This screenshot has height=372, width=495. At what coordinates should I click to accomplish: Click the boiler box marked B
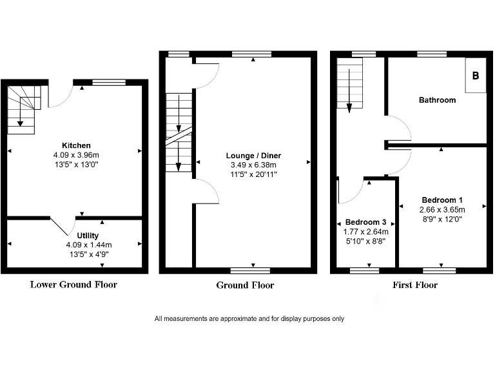476,76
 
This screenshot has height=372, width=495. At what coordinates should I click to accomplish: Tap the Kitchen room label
76,145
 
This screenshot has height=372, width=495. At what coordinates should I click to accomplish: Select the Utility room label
88,236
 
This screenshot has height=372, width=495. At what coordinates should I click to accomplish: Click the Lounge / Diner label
253,156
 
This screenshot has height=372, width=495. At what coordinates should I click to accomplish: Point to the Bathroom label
437,100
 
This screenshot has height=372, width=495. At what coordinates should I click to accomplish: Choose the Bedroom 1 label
442,200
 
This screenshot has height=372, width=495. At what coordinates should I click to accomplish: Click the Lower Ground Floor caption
73,284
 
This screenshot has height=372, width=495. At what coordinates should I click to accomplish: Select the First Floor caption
415,285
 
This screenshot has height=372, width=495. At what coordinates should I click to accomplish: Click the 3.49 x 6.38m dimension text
253,165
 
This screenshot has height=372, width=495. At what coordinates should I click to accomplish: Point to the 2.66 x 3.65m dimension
442,209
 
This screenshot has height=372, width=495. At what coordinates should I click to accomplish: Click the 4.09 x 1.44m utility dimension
89,245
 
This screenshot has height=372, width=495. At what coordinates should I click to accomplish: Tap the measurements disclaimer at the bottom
249,318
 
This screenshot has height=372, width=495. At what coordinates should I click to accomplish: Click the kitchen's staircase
23,108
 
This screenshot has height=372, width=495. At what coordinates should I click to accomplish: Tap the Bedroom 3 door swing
350,191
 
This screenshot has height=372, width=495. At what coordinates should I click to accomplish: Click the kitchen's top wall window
109,82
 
